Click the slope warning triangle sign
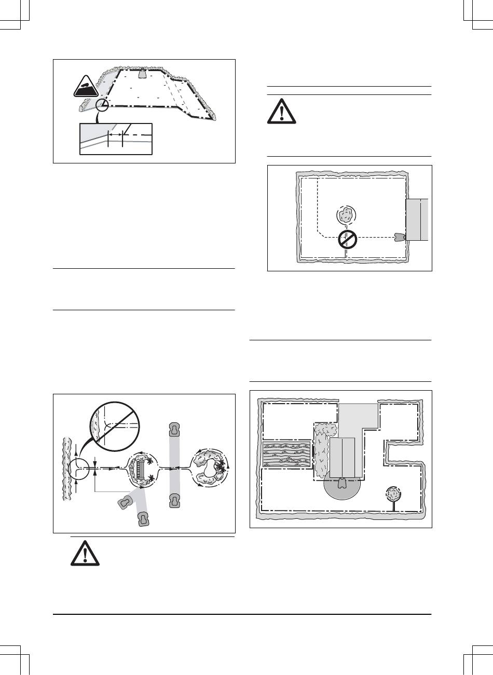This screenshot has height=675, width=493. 86,86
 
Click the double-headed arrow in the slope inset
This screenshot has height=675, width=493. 115,134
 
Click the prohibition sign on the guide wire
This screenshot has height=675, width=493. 347,239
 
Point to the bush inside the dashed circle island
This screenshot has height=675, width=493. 345,215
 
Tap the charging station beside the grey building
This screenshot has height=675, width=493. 399,237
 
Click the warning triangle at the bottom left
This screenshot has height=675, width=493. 84,554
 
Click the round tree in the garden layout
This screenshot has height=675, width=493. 393,493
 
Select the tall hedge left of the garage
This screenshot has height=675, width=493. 322,449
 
